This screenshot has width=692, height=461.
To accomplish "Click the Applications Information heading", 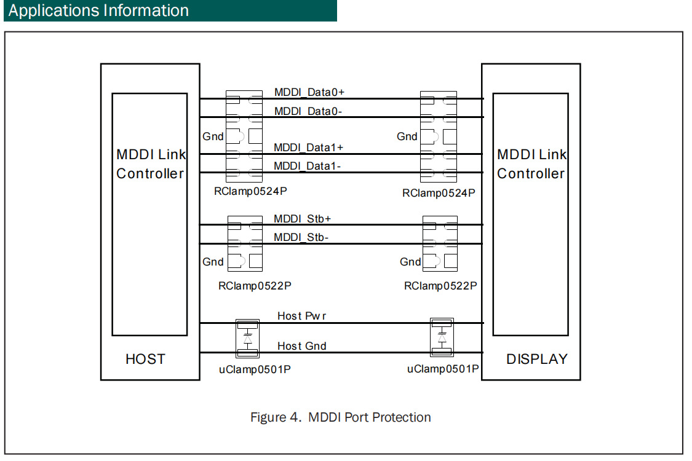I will pos(98,10).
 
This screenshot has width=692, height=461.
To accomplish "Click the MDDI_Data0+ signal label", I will pos(309,92).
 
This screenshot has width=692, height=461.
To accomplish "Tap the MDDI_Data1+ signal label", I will pos(309,148).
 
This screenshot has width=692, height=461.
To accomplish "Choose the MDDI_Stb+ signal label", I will pos(303,219).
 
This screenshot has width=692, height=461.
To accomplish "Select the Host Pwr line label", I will pos(301,316).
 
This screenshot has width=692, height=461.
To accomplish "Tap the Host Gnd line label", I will pos(301,346).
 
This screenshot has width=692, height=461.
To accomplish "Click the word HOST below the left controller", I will pos(145,359).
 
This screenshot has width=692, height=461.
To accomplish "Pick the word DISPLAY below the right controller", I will pos(537,359).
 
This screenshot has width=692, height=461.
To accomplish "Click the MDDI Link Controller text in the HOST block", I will pos(150,164).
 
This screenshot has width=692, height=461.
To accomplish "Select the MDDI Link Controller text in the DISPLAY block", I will pos(531,164).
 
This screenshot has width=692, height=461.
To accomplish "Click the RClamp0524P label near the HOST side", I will pos(250,191).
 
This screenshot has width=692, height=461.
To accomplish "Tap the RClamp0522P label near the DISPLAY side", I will pos(440,286).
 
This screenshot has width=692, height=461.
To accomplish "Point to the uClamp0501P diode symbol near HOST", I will pos(248,338).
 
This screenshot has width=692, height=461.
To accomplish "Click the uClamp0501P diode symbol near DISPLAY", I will pos(442,337).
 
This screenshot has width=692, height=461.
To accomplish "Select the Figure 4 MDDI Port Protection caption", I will pos(340,417).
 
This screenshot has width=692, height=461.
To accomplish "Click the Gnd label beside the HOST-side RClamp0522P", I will pos(213,262).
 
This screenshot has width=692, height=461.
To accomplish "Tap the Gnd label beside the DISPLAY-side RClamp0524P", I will pos(407,136).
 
